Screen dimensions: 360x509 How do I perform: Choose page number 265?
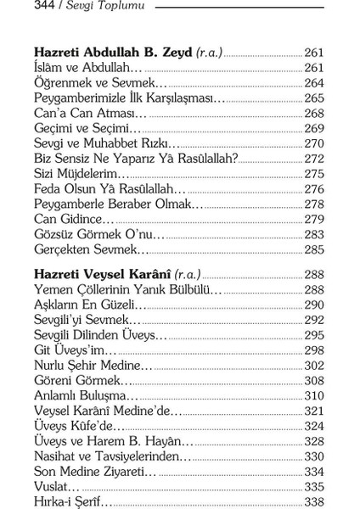tap(314, 98)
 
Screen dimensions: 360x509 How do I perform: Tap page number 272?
tap(314, 159)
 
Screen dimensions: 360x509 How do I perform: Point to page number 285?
tap(314, 250)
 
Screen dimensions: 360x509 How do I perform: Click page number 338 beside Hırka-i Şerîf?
tap(314, 503)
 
